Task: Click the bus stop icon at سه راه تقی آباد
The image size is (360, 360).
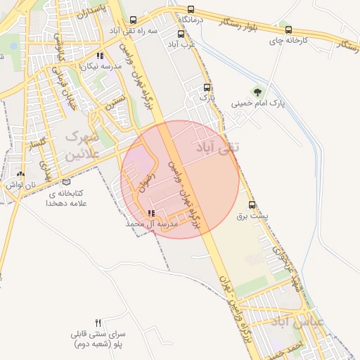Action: coord(134,21)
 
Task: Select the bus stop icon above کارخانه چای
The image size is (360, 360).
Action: coord(289,30)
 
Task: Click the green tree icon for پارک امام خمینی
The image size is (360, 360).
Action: coord(259,91)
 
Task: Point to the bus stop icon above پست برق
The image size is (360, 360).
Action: coord(252,205)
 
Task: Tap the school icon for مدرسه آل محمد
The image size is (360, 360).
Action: coord(150,213)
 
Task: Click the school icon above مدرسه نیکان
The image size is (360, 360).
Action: coord(100,55)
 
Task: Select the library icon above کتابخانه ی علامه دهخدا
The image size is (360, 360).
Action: coord(66,181)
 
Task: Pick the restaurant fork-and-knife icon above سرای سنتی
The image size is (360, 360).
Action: coord(98,322)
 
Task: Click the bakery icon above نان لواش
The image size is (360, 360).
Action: coord(20,174)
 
